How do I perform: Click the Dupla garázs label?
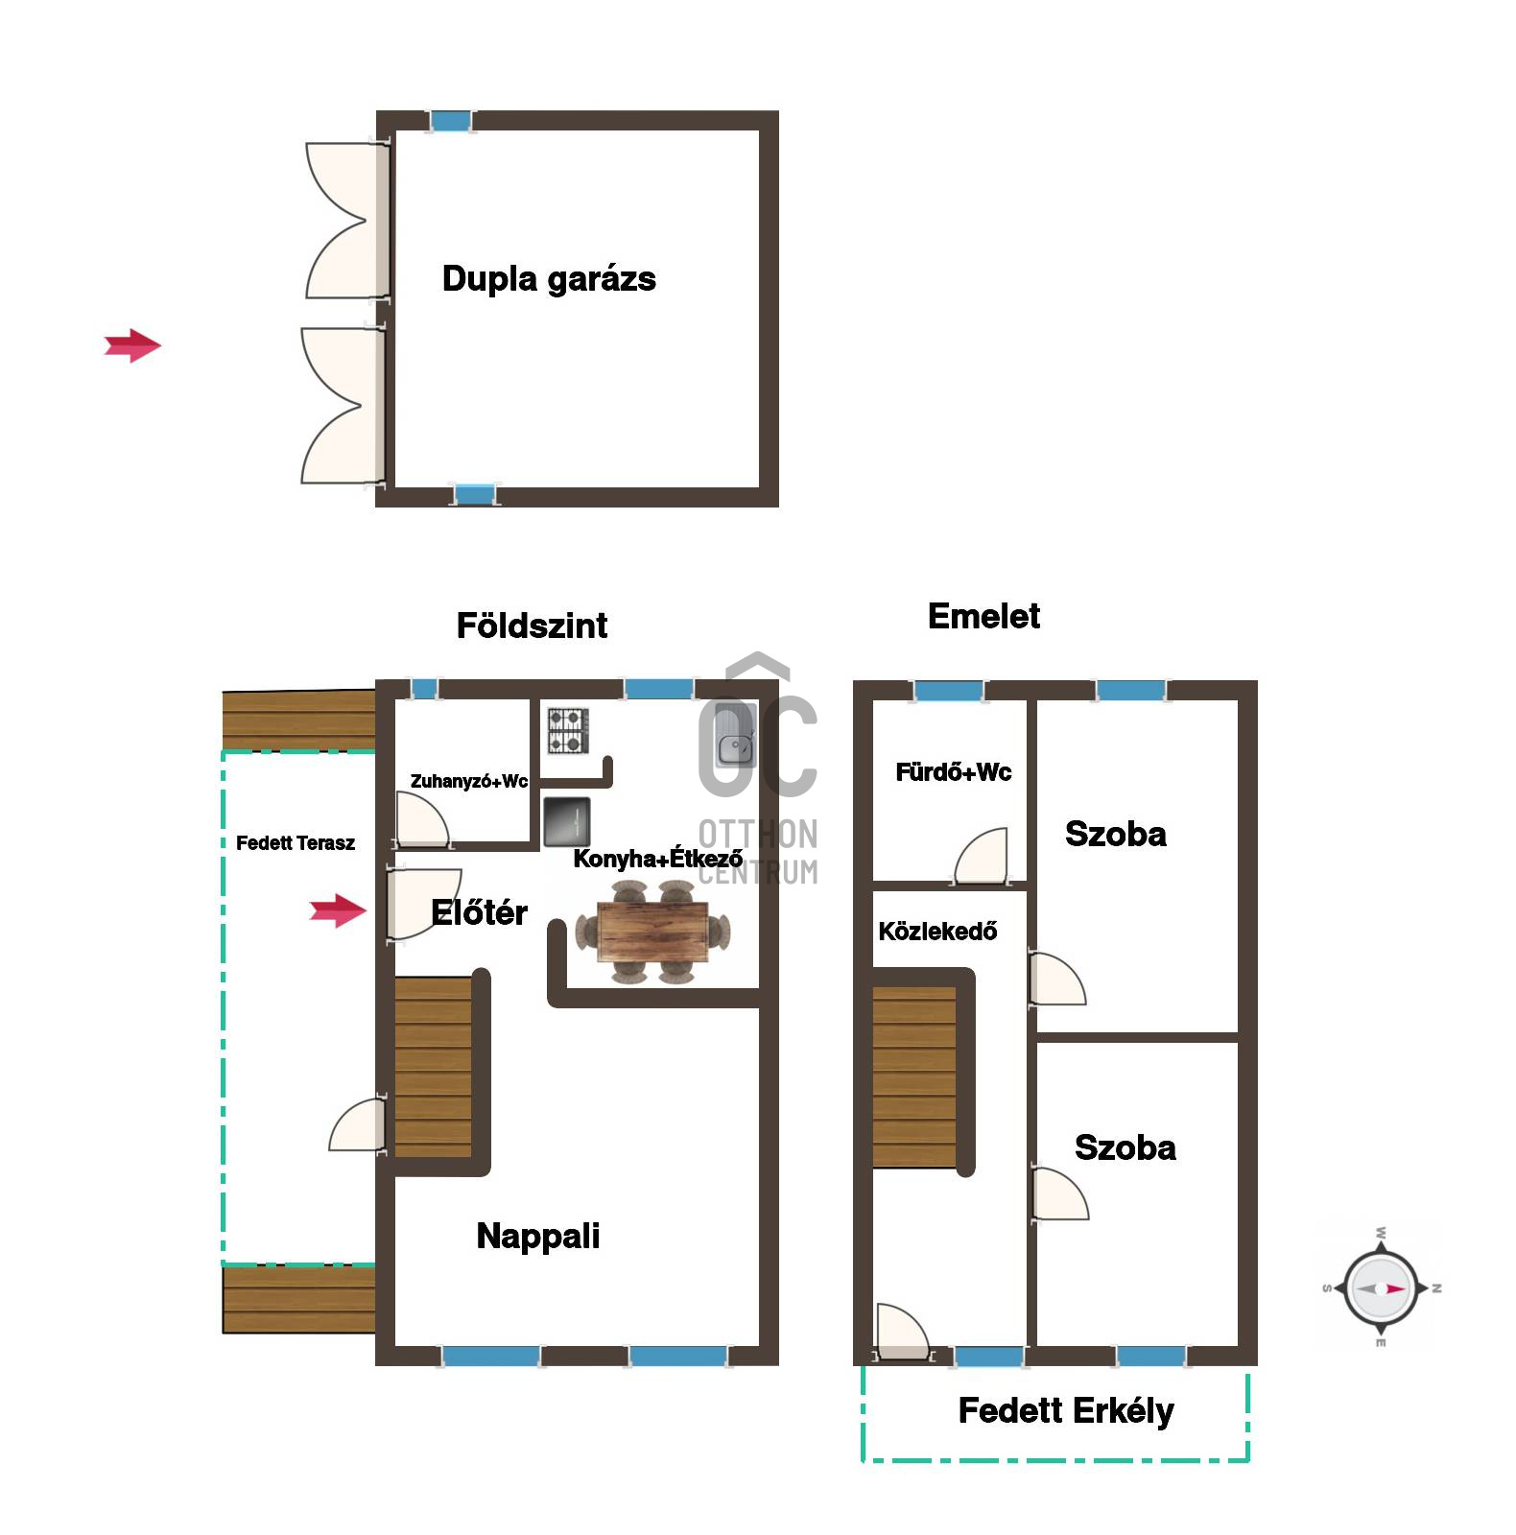pos(549,279)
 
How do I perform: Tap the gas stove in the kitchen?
pos(568,730)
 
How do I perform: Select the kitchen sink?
pos(737,735)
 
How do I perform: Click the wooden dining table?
pos(652,932)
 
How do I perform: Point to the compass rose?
pos(1381,1288)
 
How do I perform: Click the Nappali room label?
pos(538,1236)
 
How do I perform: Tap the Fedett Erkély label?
pos(1066,1411)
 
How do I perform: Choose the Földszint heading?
pos(532,626)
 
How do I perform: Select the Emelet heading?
pos(983,616)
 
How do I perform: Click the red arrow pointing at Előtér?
pos(338,910)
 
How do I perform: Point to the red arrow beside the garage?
pos(132,345)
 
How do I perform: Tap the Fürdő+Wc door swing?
pos(981,856)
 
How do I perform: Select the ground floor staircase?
pos(434,1067)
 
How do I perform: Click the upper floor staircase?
pos(914,1076)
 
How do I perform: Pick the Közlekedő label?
pos(937,932)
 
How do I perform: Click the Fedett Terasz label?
pos(296,843)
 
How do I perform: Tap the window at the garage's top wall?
pos(450,121)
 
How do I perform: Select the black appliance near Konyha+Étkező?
pos(567,822)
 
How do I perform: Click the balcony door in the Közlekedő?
pos(903,1333)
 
